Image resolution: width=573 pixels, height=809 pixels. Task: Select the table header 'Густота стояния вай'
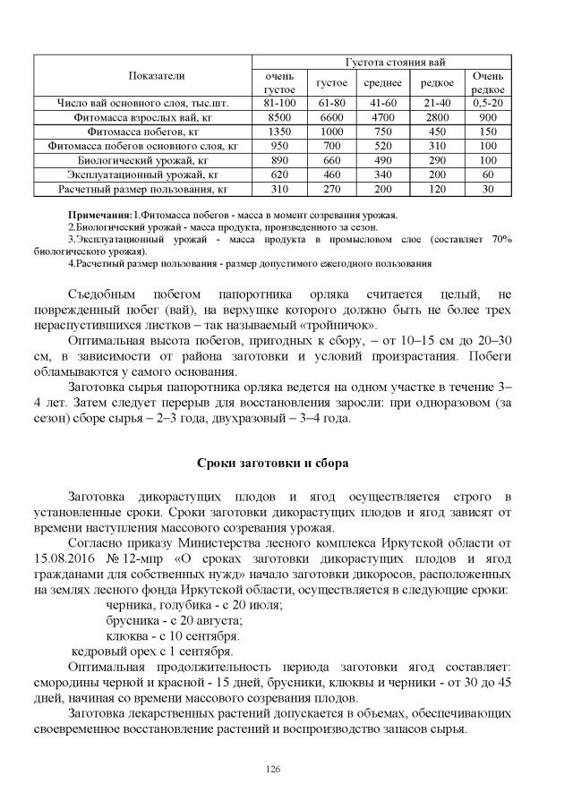[382, 62]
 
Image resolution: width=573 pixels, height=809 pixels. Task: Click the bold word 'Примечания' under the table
[100, 217]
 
